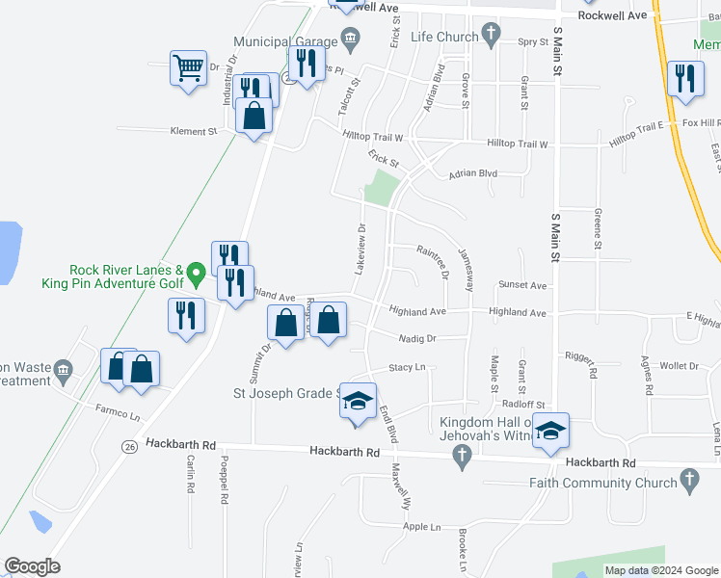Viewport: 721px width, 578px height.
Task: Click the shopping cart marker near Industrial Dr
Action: (x=189, y=68)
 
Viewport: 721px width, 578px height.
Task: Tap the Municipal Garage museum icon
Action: (x=350, y=40)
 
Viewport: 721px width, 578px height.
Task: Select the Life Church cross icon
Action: (x=491, y=37)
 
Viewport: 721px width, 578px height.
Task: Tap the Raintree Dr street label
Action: (x=432, y=261)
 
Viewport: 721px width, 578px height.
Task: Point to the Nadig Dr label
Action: (x=418, y=338)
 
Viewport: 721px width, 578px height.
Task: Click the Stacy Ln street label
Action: (x=407, y=368)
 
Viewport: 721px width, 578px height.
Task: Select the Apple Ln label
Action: (x=421, y=527)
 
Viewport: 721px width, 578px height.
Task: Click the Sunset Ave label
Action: (x=522, y=286)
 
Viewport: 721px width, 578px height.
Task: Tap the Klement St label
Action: (x=195, y=131)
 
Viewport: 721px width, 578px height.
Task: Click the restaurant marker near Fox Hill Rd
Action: (x=684, y=79)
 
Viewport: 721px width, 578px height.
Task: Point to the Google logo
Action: (x=32, y=566)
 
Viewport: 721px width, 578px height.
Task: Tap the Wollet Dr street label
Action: (x=679, y=366)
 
